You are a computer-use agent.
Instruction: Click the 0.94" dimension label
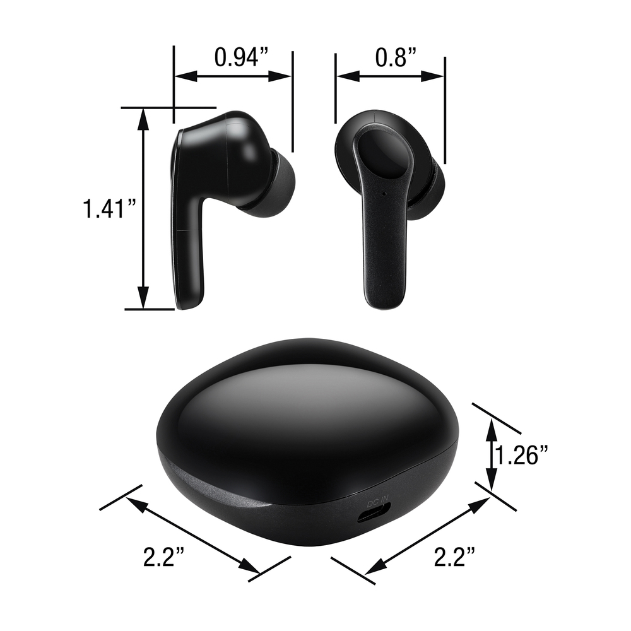pos(241,57)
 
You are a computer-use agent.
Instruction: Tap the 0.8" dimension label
pos(396,57)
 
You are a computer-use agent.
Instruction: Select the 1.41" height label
pos(109,209)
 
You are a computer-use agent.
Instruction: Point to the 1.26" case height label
pos(522,456)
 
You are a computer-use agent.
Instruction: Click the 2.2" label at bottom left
pos(164,557)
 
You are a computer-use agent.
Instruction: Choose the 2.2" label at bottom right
pos(454,557)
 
